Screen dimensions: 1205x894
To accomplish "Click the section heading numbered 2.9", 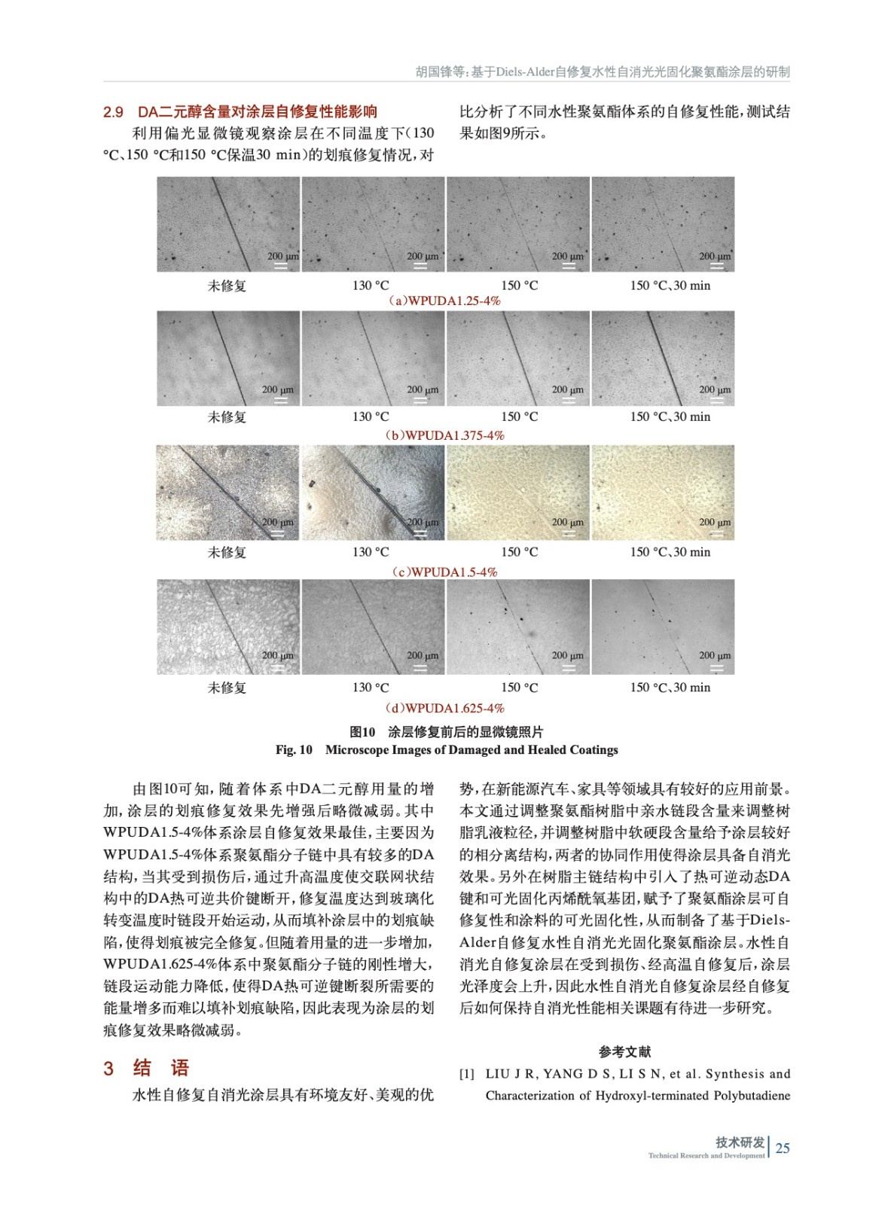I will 240,112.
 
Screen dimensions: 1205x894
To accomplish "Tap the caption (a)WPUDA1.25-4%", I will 444,300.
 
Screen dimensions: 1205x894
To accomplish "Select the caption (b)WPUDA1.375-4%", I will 444,435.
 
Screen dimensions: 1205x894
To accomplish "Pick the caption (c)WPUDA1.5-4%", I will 444,572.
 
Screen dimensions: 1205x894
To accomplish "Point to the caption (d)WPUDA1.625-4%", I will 444,708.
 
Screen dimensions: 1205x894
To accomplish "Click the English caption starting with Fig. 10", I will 447,750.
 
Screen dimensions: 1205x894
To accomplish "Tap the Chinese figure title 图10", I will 447,732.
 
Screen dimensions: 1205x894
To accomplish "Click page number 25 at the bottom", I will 783,1148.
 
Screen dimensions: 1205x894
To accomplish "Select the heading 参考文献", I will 624,1051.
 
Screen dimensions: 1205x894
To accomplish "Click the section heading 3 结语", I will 146,1068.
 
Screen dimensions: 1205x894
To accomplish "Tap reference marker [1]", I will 467,1074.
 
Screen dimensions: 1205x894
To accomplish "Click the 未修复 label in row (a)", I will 227,285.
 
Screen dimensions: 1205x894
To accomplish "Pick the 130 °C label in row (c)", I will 371,552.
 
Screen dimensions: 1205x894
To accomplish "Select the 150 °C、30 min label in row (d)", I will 670,687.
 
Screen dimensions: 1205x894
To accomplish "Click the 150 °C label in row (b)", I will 520,416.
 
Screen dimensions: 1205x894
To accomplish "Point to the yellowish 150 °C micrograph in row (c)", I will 518,493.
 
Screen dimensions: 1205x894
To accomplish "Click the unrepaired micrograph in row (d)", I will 227,627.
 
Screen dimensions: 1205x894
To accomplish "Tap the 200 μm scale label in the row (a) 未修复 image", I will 282,256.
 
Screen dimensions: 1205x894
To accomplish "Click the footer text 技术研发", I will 740,1142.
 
